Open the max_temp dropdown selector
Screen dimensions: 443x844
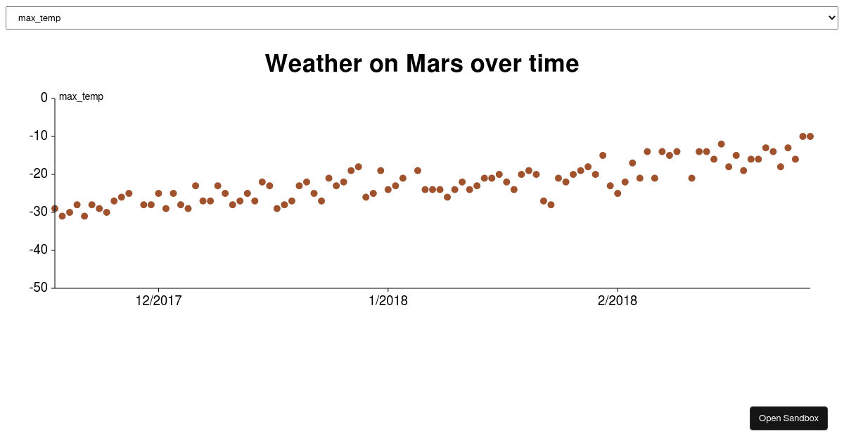pyautogui.click(x=421, y=18)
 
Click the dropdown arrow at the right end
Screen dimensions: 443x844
pyautogui.click(x=832, y=18)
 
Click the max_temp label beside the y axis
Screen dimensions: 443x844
pyautogui.click(x=81, y=96)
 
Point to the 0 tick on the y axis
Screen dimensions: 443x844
pyautogui.click(x=44, y=98)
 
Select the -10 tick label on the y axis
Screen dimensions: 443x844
pyautogui.click(x=39, y=136)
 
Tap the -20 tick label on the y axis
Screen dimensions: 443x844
pyautogui.click(x=39, y=174)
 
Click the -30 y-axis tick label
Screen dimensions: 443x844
pyautogui.click(x=39, y=212)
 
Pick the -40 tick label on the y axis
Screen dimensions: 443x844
pyautogui.click(x=39, y=250)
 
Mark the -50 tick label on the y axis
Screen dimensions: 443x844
pyautogui.click(x=39, y=288)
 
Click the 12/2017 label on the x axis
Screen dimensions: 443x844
pyautogui.click(x=158, y=301)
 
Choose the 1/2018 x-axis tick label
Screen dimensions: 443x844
pyautogui.click(x=388, y=301)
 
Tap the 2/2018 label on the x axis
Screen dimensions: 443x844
pyautogui.click(x=618, y=301)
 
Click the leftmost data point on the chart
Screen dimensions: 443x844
pyautogui.click(x=55, y=209)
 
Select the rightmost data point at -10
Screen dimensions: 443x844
pyautogui.click(x=810, y=136)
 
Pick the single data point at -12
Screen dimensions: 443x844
pyautogui.click(x=721, y=144)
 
